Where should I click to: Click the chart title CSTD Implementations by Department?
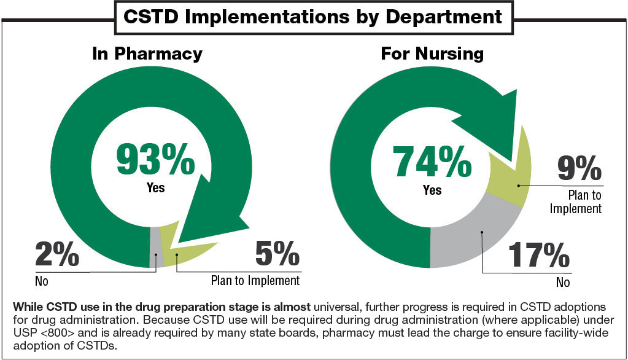point(313,17)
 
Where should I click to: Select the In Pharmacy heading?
point(147,53)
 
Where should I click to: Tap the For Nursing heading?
point(432,53)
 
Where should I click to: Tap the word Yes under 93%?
point(156,187)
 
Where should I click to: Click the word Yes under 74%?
point(432,190)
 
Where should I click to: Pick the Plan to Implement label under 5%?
point(255,281)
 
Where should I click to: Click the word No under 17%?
point(563,283)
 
